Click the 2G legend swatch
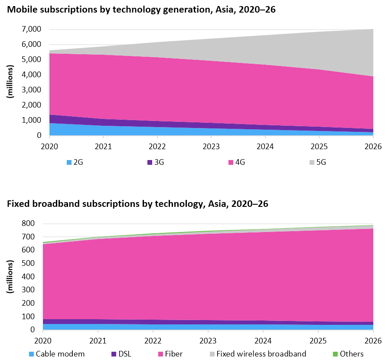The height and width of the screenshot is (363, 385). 69,163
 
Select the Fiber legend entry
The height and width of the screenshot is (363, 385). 178,353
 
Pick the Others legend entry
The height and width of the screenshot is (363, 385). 347,353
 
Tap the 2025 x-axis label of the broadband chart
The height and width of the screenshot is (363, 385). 318,340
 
